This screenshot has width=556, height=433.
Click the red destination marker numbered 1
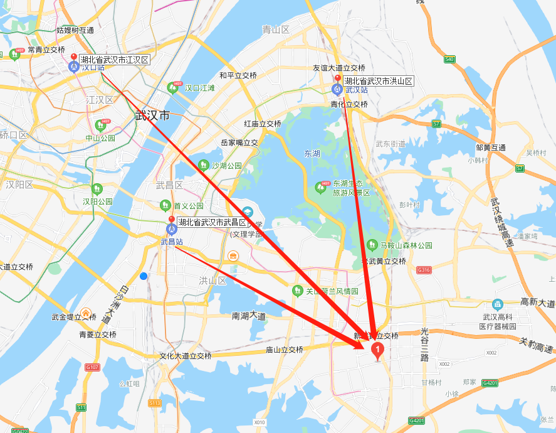pos(378,350)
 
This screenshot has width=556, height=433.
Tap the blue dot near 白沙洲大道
pos(144,275)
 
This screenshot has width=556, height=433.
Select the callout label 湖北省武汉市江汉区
pos(114,60)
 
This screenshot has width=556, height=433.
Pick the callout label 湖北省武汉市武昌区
pos(212,222)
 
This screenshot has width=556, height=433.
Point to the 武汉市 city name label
pos(152,115)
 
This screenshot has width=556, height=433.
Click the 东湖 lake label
pos(312,153)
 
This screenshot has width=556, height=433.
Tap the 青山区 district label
pos(275,29)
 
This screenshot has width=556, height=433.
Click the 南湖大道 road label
pos(249,316)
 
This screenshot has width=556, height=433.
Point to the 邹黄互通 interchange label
pos(490,147)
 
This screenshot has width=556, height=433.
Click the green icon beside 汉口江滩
pos(173,88)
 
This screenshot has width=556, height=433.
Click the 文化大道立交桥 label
pos(185,356)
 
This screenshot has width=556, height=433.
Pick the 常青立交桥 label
pos(43,50)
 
